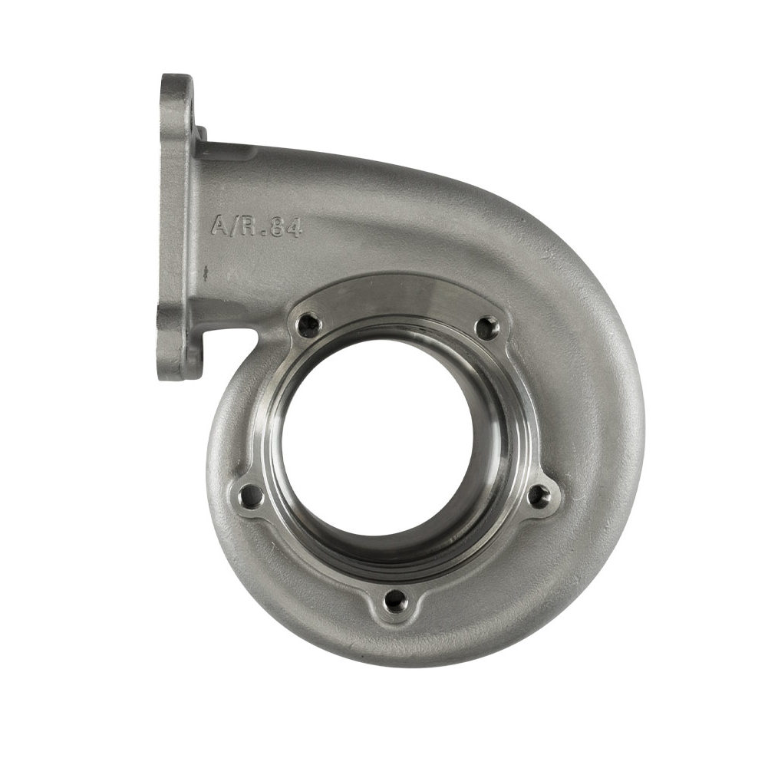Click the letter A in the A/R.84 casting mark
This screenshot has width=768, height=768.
[219, 225]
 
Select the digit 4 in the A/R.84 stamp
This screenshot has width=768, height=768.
[295, 228]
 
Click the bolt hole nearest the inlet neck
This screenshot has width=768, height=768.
[308, 325]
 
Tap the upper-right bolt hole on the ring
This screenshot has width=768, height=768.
[486, 328]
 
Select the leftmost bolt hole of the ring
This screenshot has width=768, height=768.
[250, 496]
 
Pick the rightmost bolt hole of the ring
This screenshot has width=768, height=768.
[539, 496]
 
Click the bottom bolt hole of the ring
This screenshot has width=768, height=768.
[395, 601]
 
